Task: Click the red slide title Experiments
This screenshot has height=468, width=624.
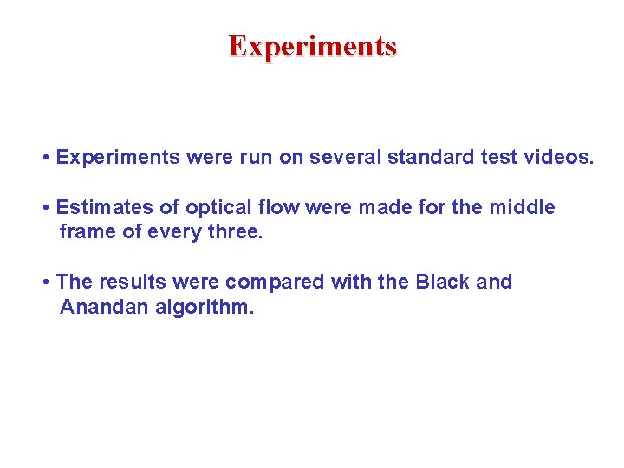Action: coord(312,45)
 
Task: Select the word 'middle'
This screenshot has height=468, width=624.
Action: coord(523,208)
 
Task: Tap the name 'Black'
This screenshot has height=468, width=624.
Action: coord(442,283)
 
